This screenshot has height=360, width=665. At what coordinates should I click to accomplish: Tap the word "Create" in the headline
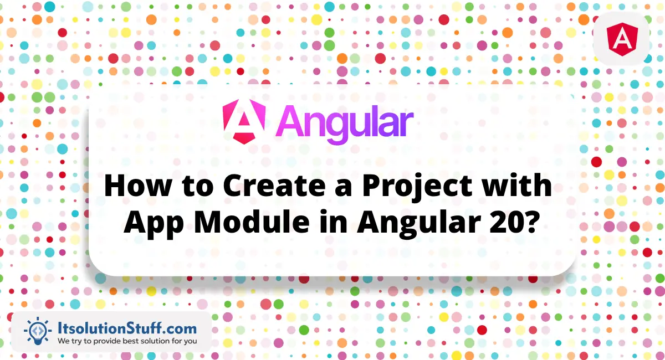pos(274,186)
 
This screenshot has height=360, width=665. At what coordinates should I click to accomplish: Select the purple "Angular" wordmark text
pos(345,124)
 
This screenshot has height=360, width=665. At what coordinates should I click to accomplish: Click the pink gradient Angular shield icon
pos(244,121)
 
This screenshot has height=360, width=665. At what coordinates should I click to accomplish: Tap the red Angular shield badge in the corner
pos(622,39)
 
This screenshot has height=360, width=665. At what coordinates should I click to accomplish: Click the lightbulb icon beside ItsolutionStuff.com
pos(38,331)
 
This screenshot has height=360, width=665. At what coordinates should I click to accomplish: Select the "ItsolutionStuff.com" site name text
pos(127,328)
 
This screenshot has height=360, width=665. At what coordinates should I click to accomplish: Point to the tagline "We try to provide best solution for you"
pos(127,341)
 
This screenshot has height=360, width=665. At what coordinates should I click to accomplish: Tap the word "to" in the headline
pos(197,187)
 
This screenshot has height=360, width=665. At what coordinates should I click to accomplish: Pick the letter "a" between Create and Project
pos(344,189)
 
